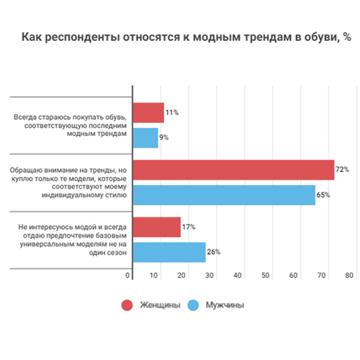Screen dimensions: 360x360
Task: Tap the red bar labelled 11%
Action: point(149,113)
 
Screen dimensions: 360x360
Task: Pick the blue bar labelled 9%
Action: point(146,138)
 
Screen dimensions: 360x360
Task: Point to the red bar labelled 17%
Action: point(157,227)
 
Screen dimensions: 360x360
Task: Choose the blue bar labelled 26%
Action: point(170,252)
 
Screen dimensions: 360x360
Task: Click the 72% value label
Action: point(342,170)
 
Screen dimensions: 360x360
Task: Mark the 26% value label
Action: point(213,252)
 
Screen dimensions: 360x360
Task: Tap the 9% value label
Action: point(164,138)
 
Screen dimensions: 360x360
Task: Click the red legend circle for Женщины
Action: point(127,305)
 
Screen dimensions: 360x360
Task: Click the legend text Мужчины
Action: point(226,305)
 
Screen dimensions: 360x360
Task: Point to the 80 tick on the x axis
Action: point(349,276)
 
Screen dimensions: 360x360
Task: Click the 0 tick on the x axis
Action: point(128,276)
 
